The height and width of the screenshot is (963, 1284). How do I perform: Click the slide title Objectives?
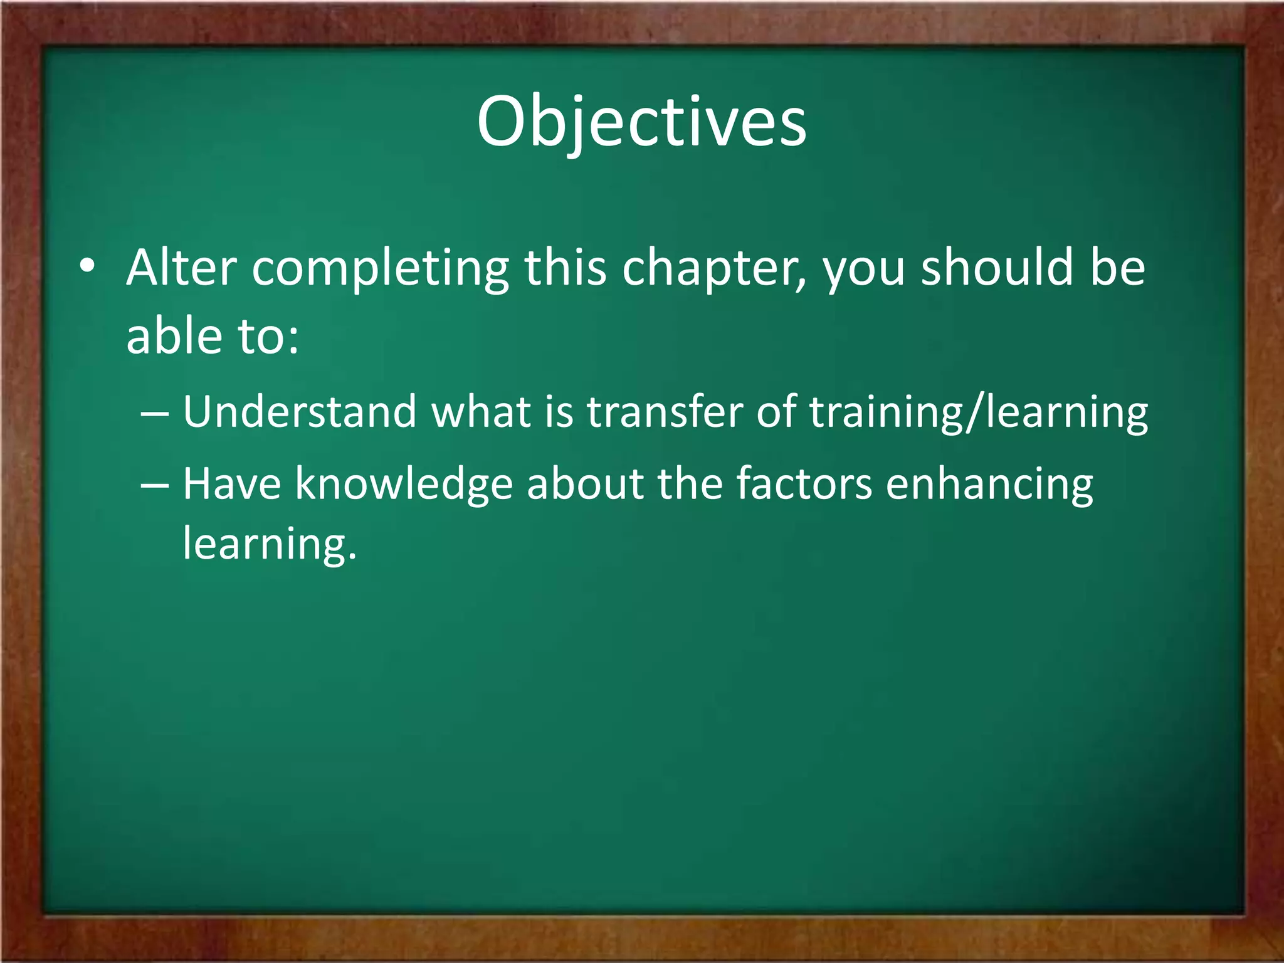coord(641,122)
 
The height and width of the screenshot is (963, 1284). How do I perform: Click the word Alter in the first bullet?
coord(181,268)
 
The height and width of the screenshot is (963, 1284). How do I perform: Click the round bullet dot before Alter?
coord(87,268)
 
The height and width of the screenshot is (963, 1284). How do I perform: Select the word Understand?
coord(300,412)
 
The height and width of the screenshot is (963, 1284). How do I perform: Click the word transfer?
coord(664,412)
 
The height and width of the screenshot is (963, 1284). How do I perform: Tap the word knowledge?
coord(404,485)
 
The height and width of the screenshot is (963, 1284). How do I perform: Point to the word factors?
coord(804,485)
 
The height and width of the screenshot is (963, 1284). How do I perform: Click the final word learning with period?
coord(270,544)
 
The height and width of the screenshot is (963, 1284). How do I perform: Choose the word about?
coord(585,484)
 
